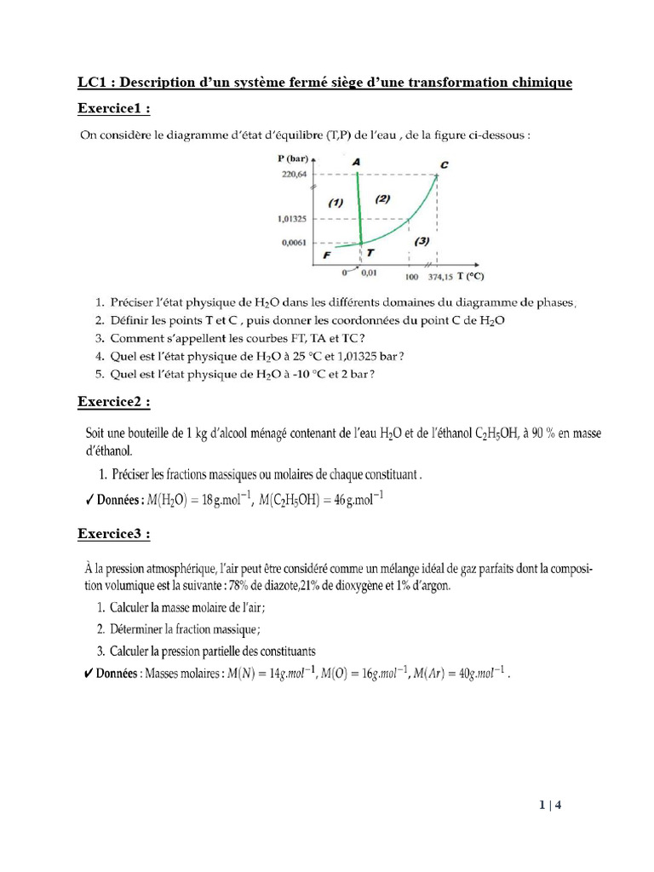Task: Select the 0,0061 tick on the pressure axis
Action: [x=295, y=243]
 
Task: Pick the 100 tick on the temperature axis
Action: [x=411, y=278]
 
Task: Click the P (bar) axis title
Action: [x=292, y=158]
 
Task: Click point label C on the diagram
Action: [x=445, y=164]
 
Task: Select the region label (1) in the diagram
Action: [x=335, y=203]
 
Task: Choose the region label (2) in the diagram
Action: [x=381, y=199]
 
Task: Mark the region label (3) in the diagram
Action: [x=421, y=241]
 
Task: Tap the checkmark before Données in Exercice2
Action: [x=89, y=500]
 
